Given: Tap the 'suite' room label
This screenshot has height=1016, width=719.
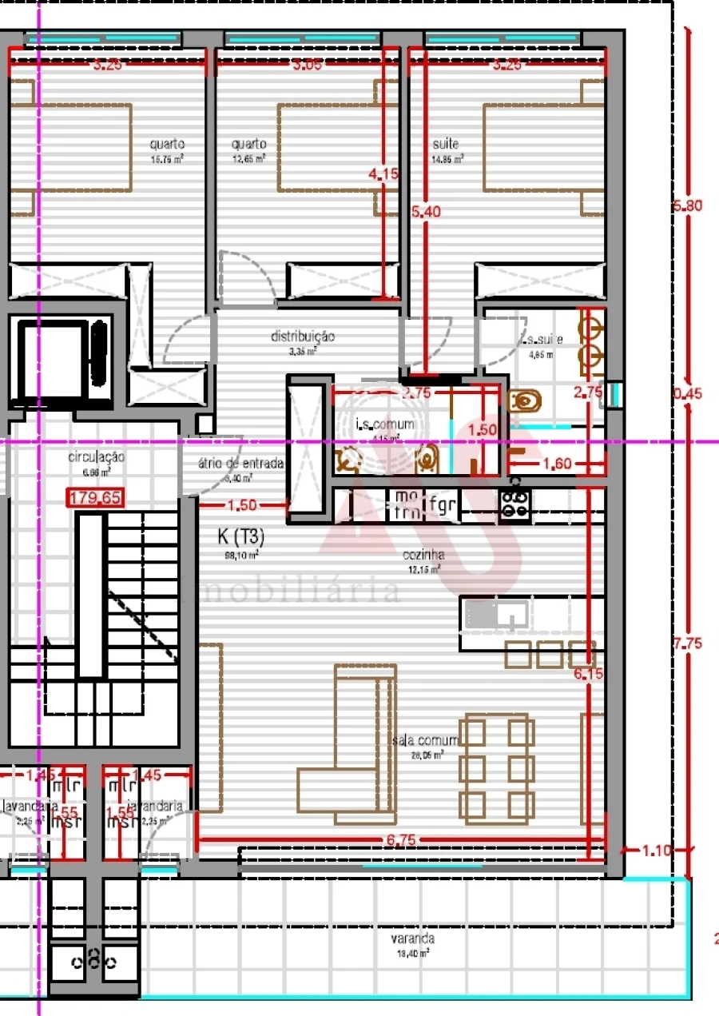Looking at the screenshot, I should click(446, 145).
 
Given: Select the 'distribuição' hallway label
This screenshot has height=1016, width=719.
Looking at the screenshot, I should click(302, 337).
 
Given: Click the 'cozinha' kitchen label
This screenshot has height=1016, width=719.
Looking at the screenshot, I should click(425, 555).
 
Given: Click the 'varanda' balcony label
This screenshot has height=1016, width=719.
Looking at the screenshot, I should click(413, 939).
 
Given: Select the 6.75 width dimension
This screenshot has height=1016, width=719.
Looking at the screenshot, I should click(401, 840).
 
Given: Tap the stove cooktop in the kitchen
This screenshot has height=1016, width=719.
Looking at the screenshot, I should click(515, 504).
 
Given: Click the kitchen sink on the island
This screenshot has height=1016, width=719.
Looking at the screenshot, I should click(496, 614).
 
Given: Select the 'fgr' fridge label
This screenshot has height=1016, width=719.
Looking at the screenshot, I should click(442, 504).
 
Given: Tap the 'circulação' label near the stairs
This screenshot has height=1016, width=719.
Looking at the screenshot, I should click(96, 457).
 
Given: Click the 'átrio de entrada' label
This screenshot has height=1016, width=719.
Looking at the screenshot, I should click(240, 464).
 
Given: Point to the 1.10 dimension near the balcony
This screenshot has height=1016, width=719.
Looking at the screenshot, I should click(657, 851).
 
